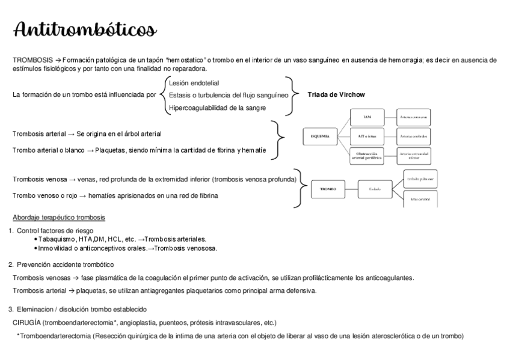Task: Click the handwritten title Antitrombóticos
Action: click(85, 29)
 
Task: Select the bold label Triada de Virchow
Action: click(336, 95)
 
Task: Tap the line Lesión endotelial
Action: click(194, 83)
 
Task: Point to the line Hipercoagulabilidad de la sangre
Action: click(217, 108)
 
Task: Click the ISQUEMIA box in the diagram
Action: click(320, 137)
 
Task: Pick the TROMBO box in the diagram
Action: click(328, 189)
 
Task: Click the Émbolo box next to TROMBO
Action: click(375, 189)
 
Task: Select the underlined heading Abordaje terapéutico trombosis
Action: click(59, 217)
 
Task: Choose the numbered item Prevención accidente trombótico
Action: click(66, 264)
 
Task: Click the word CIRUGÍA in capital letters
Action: click(27, 322)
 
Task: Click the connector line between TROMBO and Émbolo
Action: click(351, 189)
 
